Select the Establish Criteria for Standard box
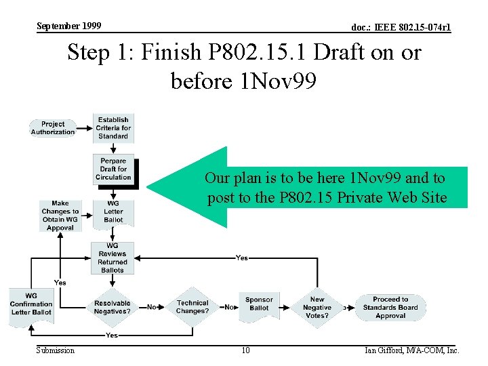(113, 127)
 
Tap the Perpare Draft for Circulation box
(113, 169)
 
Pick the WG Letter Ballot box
(113, 211)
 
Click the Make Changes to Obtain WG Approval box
(60, 215)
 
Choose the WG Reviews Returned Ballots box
(113, 258)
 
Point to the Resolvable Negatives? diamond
(113, 307)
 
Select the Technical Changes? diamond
(192, 307)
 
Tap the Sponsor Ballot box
(259, 304)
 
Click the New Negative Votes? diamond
(317, 307)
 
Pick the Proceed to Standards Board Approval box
(390, 307)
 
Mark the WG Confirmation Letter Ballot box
(31, 304)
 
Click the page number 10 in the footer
(245, 350)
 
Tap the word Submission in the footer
(56, 350)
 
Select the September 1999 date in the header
(68, 26)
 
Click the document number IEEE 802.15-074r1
(401, 28)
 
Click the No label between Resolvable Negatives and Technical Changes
(152, 307)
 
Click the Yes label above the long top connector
(241, 258)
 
